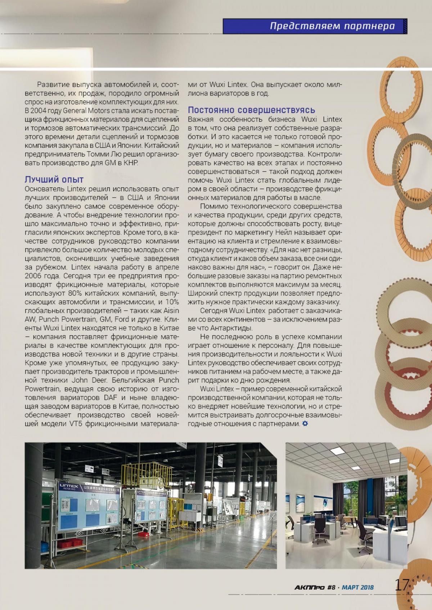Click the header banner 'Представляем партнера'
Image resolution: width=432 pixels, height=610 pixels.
tap(332, 26)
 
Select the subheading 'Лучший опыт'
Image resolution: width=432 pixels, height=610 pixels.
tap(54, 179)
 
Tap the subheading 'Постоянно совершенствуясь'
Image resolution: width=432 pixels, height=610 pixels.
tap(251, 110)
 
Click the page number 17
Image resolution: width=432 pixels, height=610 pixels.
tap(402, 584)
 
